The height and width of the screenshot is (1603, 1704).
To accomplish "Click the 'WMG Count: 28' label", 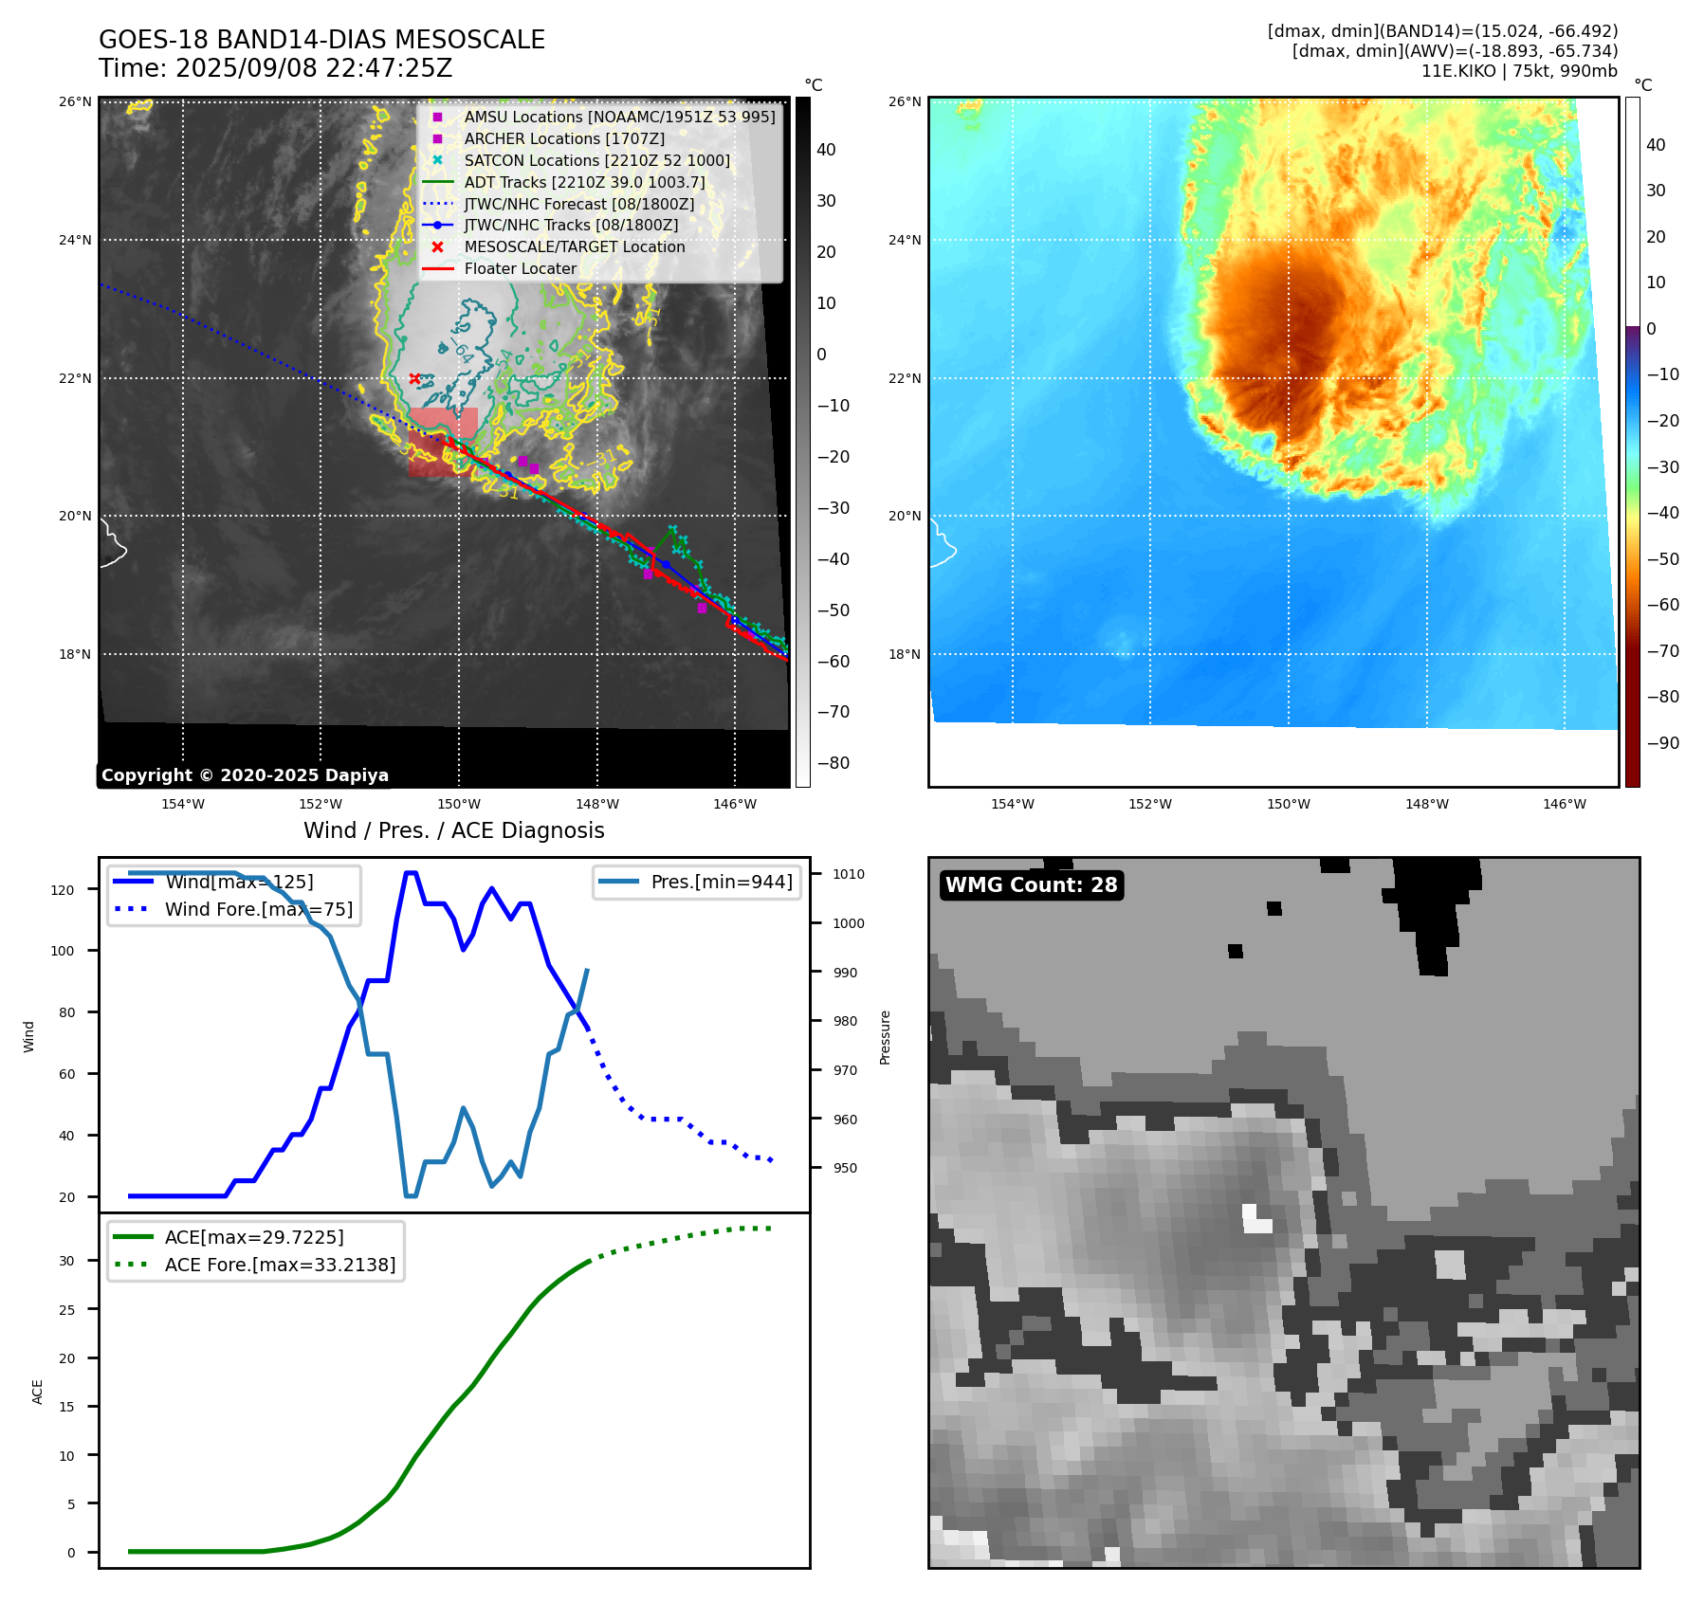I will coord(1031,885).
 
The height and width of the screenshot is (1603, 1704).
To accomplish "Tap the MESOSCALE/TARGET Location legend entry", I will coord(574,246).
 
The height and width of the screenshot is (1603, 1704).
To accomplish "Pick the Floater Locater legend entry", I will coord(520,268).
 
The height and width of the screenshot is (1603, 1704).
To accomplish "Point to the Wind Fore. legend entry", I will coord(258,909).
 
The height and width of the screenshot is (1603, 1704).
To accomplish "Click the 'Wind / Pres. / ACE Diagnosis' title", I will coord(453,830).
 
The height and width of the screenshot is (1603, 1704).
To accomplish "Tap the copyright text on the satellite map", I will coord(245,775).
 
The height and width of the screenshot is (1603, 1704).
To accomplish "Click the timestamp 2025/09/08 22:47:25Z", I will coord(314,68).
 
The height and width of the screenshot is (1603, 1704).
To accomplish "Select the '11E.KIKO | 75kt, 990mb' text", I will coord(1519,71).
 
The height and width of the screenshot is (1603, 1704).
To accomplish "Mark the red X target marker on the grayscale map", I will coord(414,378).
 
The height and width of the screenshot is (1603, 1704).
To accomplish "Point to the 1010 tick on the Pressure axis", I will coord(849,874).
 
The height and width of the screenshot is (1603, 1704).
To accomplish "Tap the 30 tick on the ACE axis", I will coord(66,1261).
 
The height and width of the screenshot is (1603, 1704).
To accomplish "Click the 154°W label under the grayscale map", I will coord(183,804).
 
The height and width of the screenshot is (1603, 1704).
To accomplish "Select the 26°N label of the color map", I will coord(905,101).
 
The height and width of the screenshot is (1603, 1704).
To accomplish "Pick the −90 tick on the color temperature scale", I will coord(1663,742).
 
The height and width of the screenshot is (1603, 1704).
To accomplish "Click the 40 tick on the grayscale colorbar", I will coord(826,150).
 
